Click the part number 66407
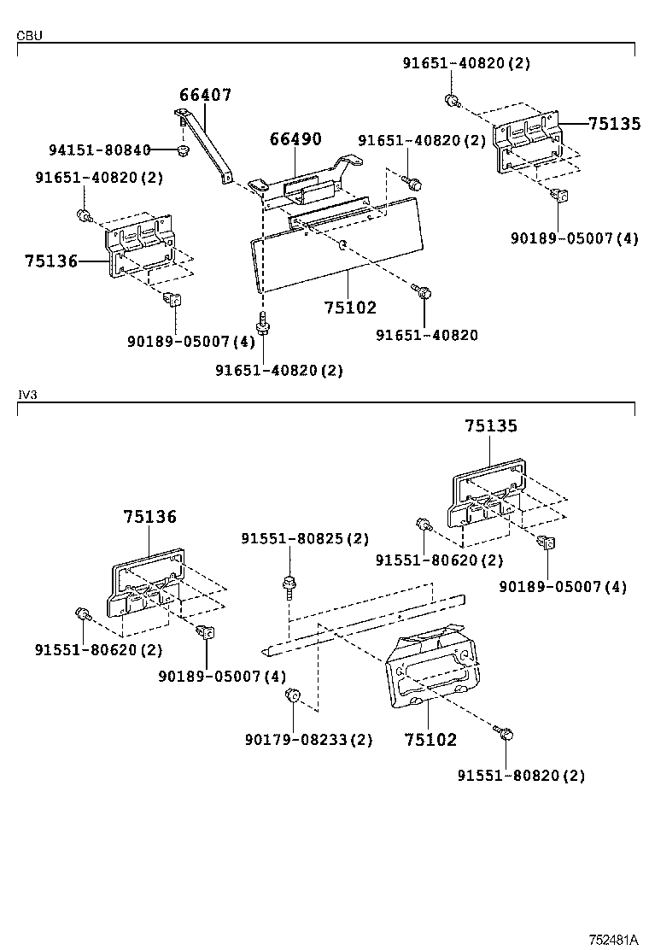tap(205, 95)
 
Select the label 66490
tap(295, 138)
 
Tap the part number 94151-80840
tap(99, 150)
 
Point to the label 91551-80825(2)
tap(305, 539)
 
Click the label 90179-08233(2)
tap(308, 740)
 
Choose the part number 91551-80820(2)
tap(521, 776)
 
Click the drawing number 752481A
tap(613, 939)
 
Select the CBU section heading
tap(29, 36)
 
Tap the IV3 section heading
tap(27, 396)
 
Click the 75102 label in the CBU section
tap(349, 308)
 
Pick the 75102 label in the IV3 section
tap(430, 740)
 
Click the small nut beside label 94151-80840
tap(182, 152)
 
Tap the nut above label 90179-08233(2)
tap(290, 696)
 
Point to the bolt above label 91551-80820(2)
tap(503, 732)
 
